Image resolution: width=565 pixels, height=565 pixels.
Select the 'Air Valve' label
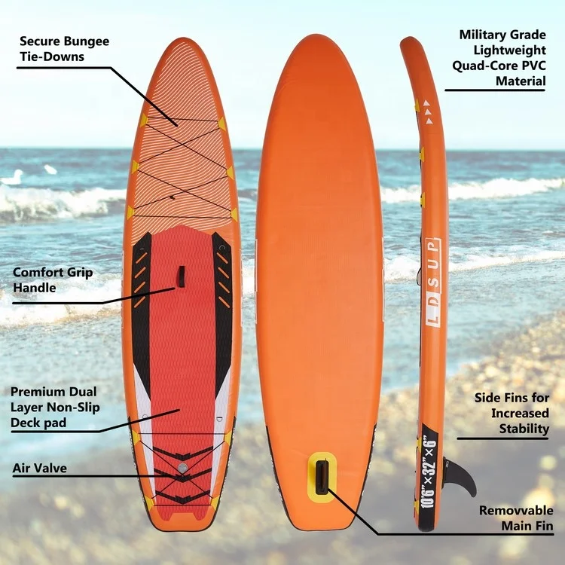click(x=39, y=469)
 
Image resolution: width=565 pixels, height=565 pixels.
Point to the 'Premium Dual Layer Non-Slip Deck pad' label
click(x=54, y=407)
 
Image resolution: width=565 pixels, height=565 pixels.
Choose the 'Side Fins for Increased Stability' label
click(x=512, y=413)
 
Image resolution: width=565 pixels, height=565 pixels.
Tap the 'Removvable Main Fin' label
click(x=516, y=518)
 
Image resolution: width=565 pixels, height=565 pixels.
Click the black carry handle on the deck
click(x=181, y=276)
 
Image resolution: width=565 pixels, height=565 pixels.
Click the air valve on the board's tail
click(x=182, y=469)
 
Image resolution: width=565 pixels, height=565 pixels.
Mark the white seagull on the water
click(x=12, y=178)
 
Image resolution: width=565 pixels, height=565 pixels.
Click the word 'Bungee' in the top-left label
click(x=83, y=41)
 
